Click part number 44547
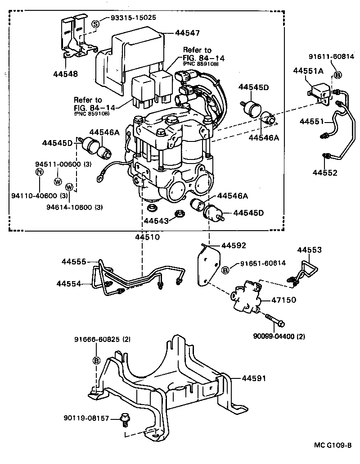[x=187, y=33]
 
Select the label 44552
[x=325, y=173]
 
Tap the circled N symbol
[x=40, y=172]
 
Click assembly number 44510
[x=147, y=237]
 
